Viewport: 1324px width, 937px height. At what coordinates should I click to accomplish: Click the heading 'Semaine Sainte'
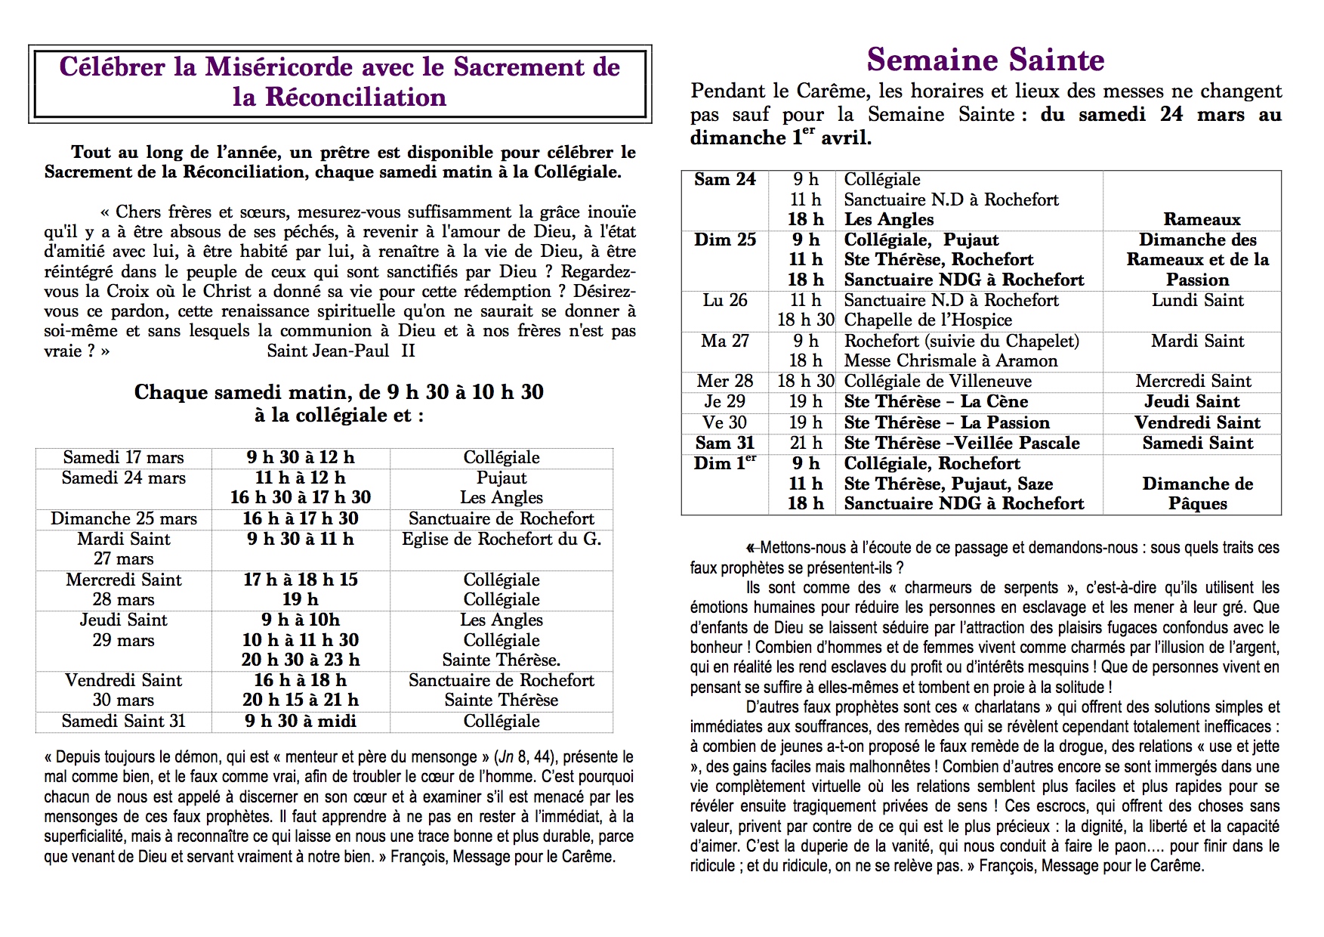pyautogui.click(x=986, y=60)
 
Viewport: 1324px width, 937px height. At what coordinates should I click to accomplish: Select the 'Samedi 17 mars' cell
pyautogui.click(x=123, y=458)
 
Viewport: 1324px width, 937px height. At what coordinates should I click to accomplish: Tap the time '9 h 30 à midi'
pyautogui.click(x=301, y=722)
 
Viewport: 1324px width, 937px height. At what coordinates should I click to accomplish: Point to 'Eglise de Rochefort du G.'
pyautogui.click(x=502, y=540)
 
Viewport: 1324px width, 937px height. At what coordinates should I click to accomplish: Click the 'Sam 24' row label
pyautogui.click(x=724, y=180)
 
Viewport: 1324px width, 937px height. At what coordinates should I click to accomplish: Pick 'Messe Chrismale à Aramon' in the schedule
pyautogui.click(x=950, y=361)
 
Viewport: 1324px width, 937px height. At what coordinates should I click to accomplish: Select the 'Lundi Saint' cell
pyautogui.click(x=1197, y=301)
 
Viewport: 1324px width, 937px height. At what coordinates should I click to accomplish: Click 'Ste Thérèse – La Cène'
pyautogui.click(x=936, y=402)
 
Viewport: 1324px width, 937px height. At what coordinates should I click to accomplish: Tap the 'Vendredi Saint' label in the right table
pyautogui.click(x=1197, y=423)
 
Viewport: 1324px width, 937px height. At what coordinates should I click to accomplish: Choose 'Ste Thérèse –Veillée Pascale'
pyautogui.click(x=961, y=444)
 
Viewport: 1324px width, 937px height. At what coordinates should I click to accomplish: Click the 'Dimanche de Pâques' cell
pyautogui.click(x=1197, y=493)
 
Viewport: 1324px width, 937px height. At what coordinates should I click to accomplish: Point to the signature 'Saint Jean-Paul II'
pyautogui.click(x=341, y=351)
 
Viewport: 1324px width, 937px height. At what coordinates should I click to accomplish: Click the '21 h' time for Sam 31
pyautogui.click(x=805, y=444)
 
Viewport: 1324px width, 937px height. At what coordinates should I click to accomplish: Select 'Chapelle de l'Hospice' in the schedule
pyautogui.click(x=927, y=320)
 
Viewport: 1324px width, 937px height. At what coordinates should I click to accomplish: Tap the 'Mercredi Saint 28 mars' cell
pyautogui.click(x=123, y=589)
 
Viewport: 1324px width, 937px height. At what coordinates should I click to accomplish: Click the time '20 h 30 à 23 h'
pyautogui.click(x=301, y=660)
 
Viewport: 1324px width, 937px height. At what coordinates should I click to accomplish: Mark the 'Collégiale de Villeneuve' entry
pyautogui.click(x=937, y=382)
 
